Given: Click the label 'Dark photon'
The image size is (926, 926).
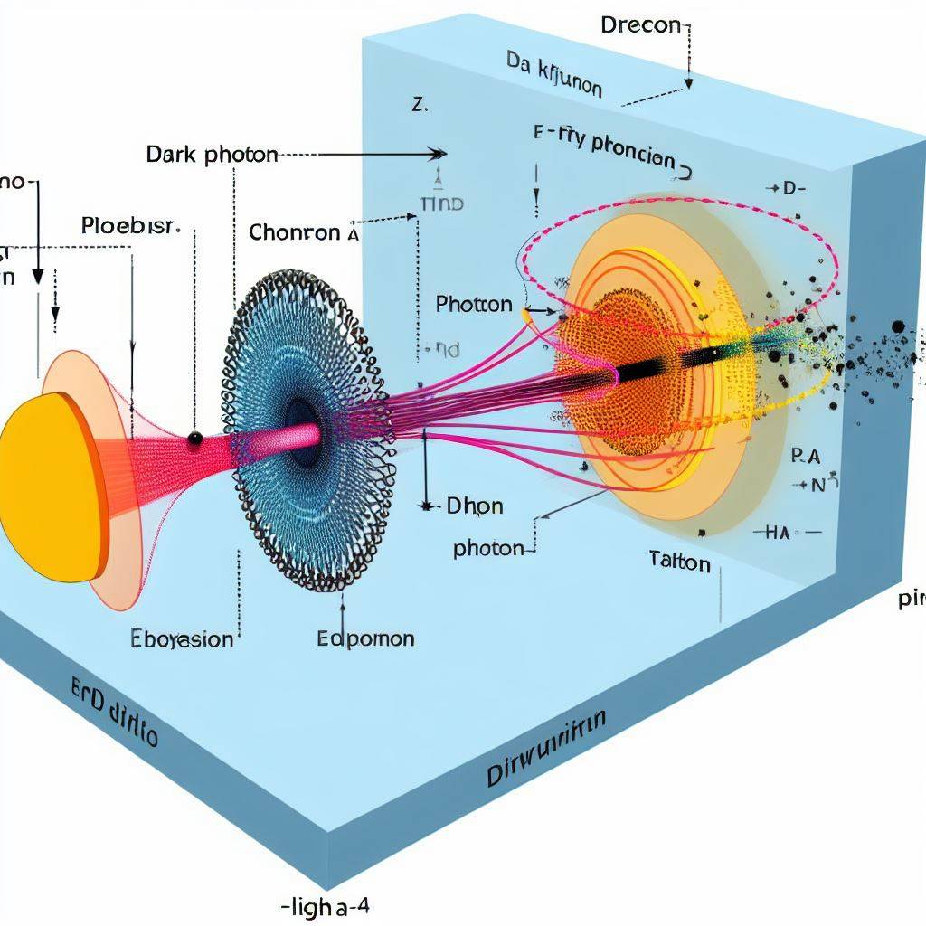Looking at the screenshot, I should [212, 155].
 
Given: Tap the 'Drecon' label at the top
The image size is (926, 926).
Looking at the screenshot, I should [639, 24].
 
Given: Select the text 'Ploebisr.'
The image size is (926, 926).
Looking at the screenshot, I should [131, 225].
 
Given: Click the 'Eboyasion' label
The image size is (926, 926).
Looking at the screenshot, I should [181, 639].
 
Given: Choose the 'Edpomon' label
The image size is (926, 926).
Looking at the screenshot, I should [366, 638].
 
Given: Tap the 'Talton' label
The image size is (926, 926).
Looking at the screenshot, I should [679, 562].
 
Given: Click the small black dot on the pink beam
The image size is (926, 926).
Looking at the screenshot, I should [194, 439].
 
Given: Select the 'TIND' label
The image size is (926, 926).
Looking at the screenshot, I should [442, 204].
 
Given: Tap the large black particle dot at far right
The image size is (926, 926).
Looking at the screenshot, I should [897, 327].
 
